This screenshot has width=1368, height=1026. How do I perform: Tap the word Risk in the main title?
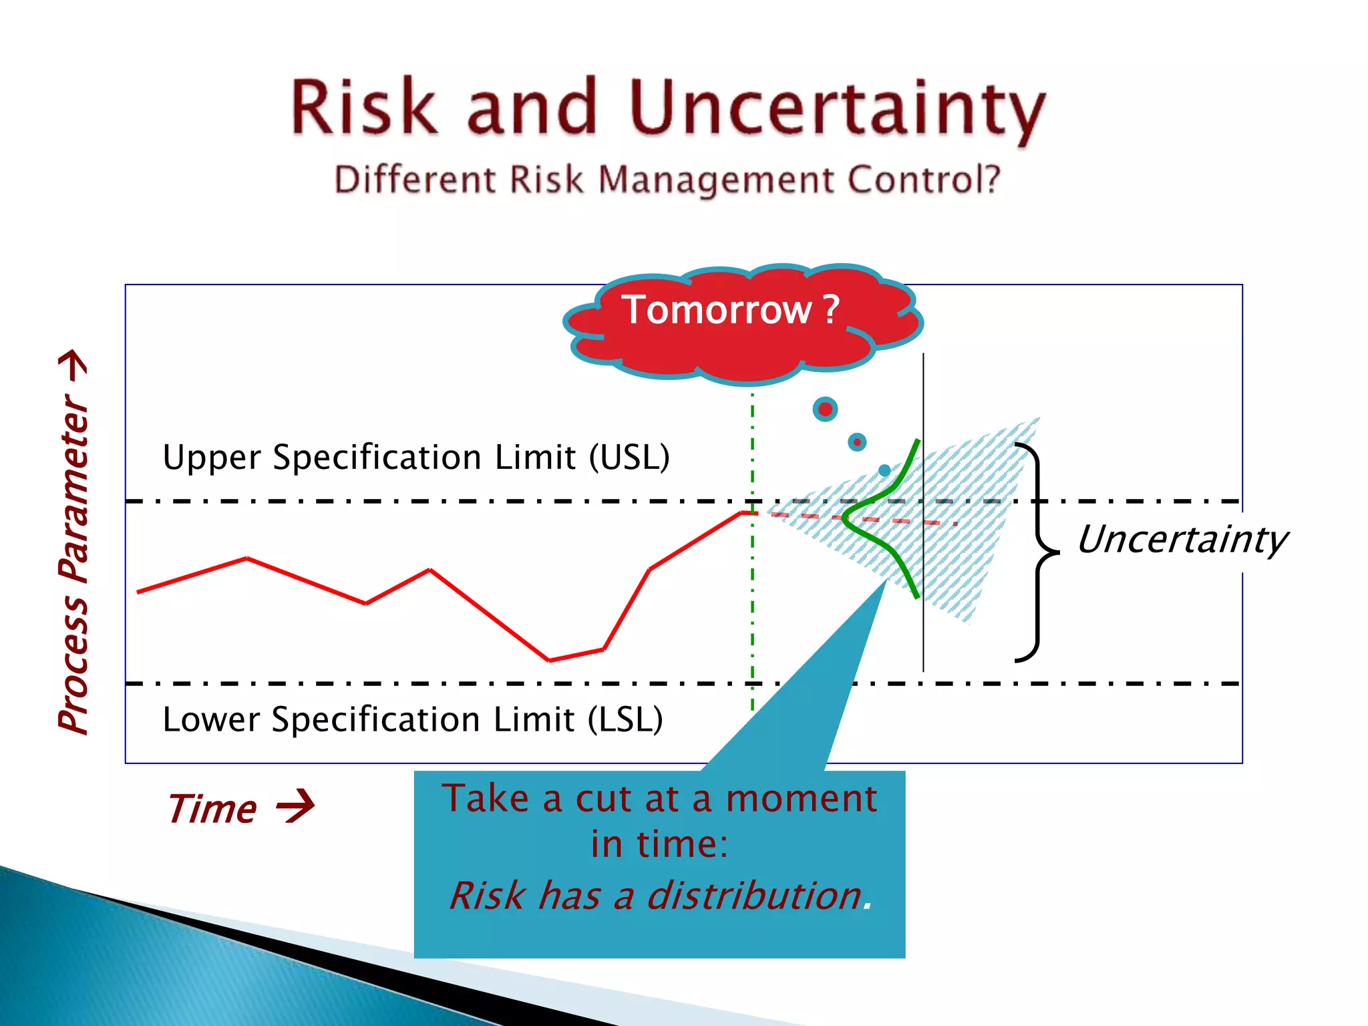(x=364, y=107)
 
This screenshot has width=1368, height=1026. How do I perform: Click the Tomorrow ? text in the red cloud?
(x=730, y=310)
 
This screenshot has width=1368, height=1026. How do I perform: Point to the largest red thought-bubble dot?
(x=825, y=409)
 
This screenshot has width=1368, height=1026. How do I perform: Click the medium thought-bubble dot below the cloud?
(x=857, y=442)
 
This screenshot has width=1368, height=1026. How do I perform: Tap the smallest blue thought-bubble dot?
(x=884, y=470)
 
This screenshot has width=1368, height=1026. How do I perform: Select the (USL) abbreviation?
(x=629, y=458)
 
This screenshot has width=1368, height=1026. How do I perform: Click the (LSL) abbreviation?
(x=625, y=719)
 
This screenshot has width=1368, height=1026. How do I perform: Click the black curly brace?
(x=1037, y=552)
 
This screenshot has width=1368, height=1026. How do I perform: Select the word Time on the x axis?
(x=212, y=809)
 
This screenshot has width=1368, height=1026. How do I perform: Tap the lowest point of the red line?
(x=549, y=660)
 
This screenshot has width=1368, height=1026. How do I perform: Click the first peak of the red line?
(x=246, y=558)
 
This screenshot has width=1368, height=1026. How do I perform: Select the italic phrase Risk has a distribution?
(x=660, y=896)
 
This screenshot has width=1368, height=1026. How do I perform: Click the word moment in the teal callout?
(x=801, y=799)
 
